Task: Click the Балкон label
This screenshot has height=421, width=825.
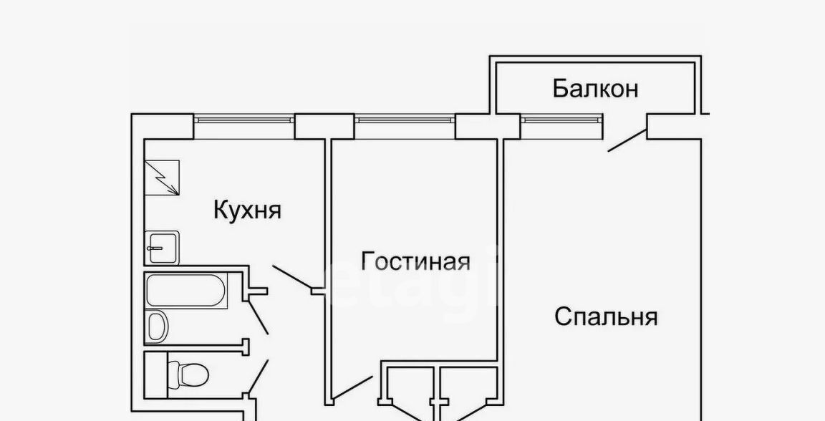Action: click(x=595, y=89)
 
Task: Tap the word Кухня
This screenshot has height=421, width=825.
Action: click(x=247, y=210)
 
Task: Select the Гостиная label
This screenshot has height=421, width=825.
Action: click(x=415, y=261)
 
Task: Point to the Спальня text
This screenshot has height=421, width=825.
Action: click(x=606, y=316)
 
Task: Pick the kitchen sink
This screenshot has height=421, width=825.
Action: click(x=162, y=248)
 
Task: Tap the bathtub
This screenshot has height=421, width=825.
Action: click(x=185, y=291)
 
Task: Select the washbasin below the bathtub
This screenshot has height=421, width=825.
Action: click(x=157, y=326)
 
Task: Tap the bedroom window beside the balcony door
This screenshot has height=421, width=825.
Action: click(x=561, y=127)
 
